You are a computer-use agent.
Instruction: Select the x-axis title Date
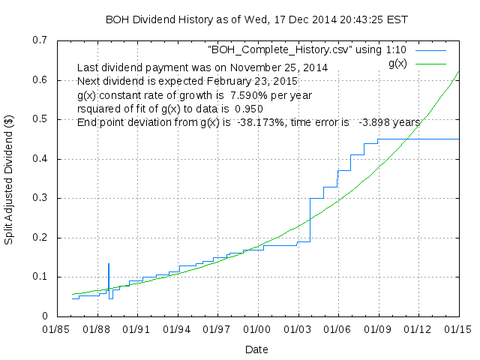[x=256, y=349]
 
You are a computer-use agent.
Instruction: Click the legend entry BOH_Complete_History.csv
[x=307, y=49]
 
